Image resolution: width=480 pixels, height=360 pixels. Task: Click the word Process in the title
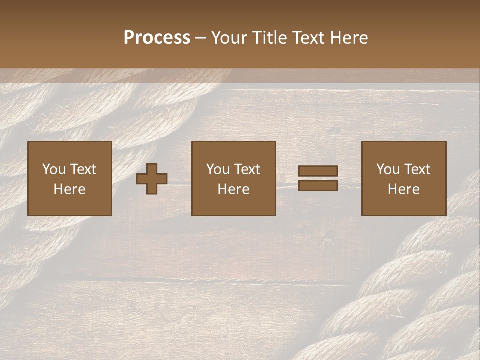tap(157, 38)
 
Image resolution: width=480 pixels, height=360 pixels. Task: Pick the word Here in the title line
tap(350, 38)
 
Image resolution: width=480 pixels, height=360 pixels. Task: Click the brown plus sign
tap(152, 179)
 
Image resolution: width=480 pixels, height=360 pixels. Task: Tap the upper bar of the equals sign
tap(318, 171)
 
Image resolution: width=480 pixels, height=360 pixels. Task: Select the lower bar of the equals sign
tap(318, 185)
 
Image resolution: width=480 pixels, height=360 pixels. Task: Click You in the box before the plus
tap(54, 169)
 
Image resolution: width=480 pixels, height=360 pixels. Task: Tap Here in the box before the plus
tap(69, 189)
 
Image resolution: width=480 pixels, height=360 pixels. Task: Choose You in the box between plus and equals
tap(218, 169)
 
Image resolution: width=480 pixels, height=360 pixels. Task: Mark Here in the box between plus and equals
tap(233, 189)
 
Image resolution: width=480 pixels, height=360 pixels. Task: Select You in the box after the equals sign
tap(388, 169)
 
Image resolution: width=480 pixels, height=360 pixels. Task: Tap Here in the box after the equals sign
tap(403, 189)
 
